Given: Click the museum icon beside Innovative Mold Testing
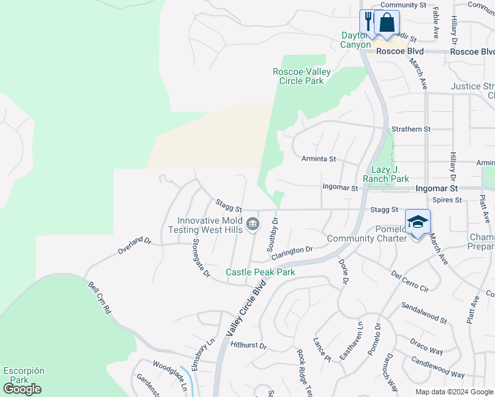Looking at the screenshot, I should point(252,225).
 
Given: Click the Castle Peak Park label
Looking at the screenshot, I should point(260,272).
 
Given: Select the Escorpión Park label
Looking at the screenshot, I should point(23,375).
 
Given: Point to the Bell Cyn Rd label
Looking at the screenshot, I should point(99,299).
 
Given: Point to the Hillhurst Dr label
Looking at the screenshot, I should point(248,345).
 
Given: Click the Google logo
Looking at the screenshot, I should point(22,389).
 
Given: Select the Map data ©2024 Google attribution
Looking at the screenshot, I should point(453,392).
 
